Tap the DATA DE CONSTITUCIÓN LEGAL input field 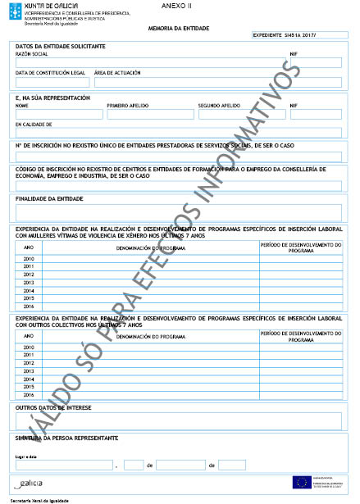(49, 83)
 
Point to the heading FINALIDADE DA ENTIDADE (49, 198)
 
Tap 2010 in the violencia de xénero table (30, 258)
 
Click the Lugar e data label (27, 456)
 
